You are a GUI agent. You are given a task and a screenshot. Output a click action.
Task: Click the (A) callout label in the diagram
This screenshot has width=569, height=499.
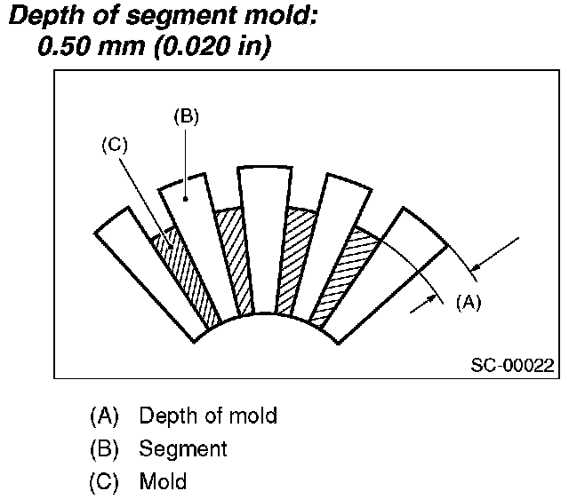(468, 301)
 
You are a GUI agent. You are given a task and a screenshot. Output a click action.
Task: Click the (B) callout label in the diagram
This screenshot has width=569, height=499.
(185, 116)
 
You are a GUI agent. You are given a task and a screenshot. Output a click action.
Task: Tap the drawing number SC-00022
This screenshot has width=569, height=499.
(513, 364)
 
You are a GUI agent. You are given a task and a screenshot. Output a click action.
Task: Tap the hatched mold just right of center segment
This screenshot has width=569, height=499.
(298, 257)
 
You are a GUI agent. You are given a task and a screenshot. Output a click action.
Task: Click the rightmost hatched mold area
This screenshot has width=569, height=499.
(342, 271)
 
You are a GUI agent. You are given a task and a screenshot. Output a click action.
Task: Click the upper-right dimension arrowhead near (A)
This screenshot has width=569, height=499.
(475, 265)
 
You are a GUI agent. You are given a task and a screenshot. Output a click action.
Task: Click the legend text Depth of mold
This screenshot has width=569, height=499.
(208, 415)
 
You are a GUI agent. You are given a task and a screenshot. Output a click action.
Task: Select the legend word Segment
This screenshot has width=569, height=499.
(182, 448)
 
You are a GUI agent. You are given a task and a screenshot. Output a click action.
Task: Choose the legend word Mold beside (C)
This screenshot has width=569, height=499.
(163, 482)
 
